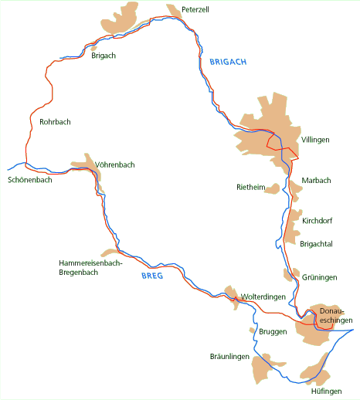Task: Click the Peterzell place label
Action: pos(195,9)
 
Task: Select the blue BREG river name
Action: pos(152,276)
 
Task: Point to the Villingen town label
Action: pos(315,140)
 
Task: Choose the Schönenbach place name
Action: pos(29,180)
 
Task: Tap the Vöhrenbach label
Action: pos(116,164)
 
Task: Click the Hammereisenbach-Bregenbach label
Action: pos(91,267)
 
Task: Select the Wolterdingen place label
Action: pos(263,297)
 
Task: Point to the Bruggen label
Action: pos(273,331)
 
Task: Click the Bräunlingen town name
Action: pos(229,356)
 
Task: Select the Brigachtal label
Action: pos(318,242)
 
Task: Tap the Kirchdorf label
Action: pos(318,221)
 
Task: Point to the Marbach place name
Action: pos(316,181)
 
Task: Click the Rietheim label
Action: pos(250,187)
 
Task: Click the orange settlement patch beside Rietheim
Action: pos(272,188)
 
